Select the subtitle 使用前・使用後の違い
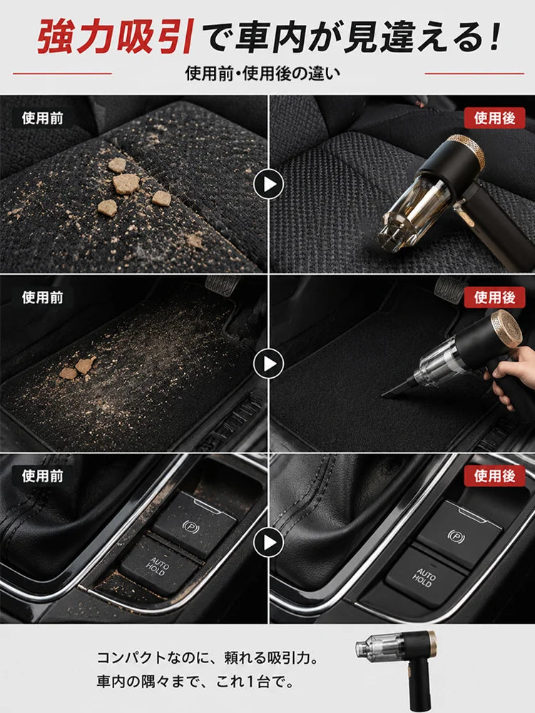[263, 73]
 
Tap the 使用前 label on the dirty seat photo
[42, 118]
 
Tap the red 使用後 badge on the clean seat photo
[494, 118]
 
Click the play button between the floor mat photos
[268, 364]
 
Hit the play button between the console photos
[268, 543]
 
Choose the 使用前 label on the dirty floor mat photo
[42, 297]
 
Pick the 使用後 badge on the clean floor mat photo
[494, 297]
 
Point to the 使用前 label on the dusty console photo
[42, 476]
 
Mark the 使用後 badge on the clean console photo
[494, 476]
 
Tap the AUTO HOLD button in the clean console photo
[424, 578]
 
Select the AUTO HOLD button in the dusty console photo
[159, 565]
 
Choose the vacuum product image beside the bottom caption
[397, 669]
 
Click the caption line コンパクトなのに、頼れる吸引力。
[208, 657]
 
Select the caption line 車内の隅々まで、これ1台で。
[195, 682]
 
